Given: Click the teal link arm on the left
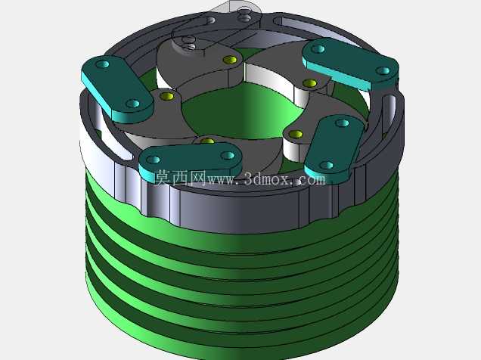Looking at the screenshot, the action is point(117,89).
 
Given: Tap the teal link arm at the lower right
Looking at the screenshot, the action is point(334,147).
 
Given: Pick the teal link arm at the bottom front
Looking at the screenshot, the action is point(190,161).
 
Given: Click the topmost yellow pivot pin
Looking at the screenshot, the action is point(230,60).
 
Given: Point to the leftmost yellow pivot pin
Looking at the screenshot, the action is point(167,96).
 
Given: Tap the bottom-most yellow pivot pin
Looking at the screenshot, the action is point(208,141).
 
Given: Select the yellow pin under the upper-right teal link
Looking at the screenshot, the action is point(310,83).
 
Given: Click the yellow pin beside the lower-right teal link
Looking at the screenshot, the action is point(296,134).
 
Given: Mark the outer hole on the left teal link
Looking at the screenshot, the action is point(102,64).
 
